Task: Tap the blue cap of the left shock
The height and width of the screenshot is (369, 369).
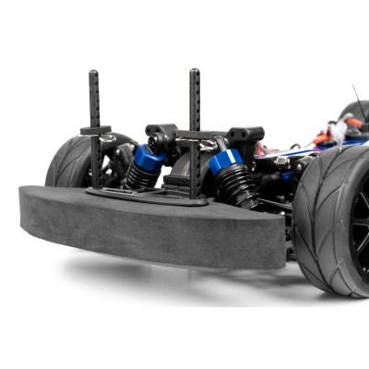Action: pos(148,158)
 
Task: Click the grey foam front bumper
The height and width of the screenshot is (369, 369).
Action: pos(148,226)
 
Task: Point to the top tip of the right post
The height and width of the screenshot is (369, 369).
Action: pos(195,72)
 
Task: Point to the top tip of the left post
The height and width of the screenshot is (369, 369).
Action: pos(94,73)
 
